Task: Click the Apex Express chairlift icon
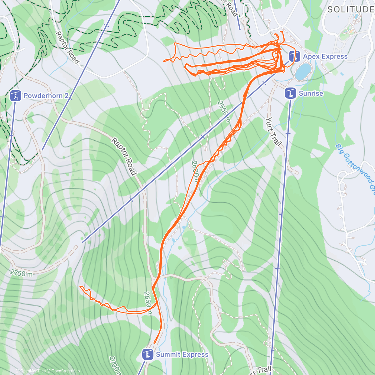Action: [293, 57]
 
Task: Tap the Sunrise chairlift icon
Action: [290, 93]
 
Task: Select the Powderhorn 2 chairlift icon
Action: [15, 96]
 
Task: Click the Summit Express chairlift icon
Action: [147, 354]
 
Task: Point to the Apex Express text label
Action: [325, 57]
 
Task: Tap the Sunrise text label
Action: [311, 93]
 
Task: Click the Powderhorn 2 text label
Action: [46, 96]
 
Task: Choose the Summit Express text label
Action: [182, 354]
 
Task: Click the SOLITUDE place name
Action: [351, 9]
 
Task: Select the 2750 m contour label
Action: [21, 273]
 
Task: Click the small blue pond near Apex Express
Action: [303, 72]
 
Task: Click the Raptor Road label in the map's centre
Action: [124, 156]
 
